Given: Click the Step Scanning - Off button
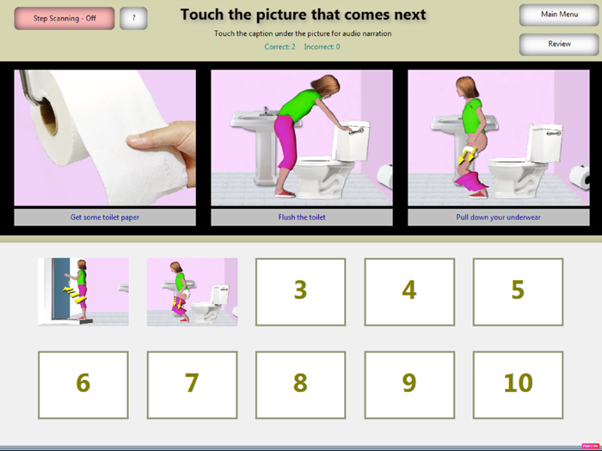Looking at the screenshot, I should point(64,18).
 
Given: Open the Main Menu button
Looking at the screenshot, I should point(559,15).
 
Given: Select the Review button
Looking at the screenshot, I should point(559,44).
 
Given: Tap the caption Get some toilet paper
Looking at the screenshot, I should point(105,217).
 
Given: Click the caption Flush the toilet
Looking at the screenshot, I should point(301,217).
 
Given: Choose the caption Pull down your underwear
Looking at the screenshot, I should point(498,217).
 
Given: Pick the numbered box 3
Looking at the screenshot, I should point(300,291).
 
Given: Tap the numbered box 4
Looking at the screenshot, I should point(408,291).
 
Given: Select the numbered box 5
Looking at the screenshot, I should point(518,291).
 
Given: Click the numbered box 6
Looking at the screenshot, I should point(83,382).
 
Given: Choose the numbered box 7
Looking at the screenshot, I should point(192,382).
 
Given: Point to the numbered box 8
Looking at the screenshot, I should point(300,382).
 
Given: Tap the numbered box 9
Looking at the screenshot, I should point(408,382).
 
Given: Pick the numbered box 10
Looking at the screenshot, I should point(518,382).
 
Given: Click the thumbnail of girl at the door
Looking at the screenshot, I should point(83,291).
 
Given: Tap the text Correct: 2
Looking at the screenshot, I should point(279,46).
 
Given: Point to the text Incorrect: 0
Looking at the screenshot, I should point(322,46).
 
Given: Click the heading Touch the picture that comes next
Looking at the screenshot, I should point(303,15).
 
